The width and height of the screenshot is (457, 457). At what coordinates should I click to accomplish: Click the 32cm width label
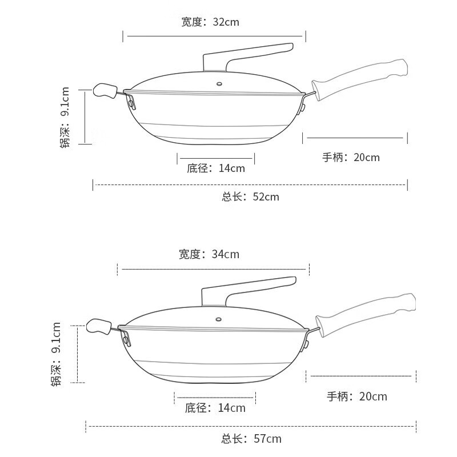[x=210, y=22]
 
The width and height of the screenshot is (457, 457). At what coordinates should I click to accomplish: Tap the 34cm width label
[x=209, y=254]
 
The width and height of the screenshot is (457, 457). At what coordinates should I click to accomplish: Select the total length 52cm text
[x=250, y=197]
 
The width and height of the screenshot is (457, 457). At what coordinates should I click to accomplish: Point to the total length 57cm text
[x=251, y=439]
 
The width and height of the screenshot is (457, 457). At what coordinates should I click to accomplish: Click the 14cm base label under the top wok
[x=216, y=168]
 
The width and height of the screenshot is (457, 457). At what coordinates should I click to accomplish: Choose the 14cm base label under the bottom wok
[x=215, y=408]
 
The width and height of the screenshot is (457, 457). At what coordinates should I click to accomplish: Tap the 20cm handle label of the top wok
[x=351, y=158]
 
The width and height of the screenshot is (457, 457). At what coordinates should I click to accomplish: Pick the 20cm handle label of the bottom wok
[x=357, y=396]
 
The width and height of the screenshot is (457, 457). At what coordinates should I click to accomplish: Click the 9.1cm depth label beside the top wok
[x=65, y=117]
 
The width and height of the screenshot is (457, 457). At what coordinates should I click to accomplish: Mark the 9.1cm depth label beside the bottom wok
[x=56, y=354]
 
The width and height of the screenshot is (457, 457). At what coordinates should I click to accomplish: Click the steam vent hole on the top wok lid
[x=219, y=84]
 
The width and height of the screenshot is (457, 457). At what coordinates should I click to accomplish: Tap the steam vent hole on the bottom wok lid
[x=218, y=319]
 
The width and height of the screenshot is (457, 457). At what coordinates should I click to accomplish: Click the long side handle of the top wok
[x=360, y=80]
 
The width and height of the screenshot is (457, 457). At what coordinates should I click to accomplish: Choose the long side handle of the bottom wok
[x=366, y=315]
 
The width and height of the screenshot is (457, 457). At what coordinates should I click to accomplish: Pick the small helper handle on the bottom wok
[x=99, y=326]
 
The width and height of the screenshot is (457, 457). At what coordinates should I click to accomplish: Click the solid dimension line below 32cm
[x=214, y=36]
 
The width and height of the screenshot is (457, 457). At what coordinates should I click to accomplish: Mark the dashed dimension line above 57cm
[x=251, y=426]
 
